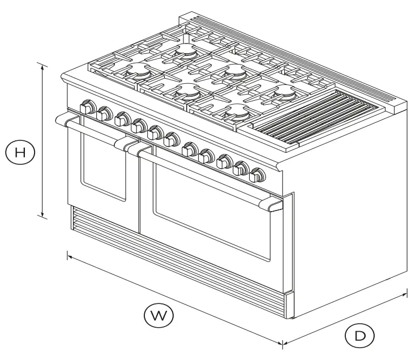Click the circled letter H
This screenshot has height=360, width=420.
(x=20, y=152)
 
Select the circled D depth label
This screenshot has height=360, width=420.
(x=360, y=336)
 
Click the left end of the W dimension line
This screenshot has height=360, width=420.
(x=68, y=256)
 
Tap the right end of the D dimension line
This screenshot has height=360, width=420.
(x=406, y=293)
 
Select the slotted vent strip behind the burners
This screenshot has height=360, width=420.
(x=294, y=57)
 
